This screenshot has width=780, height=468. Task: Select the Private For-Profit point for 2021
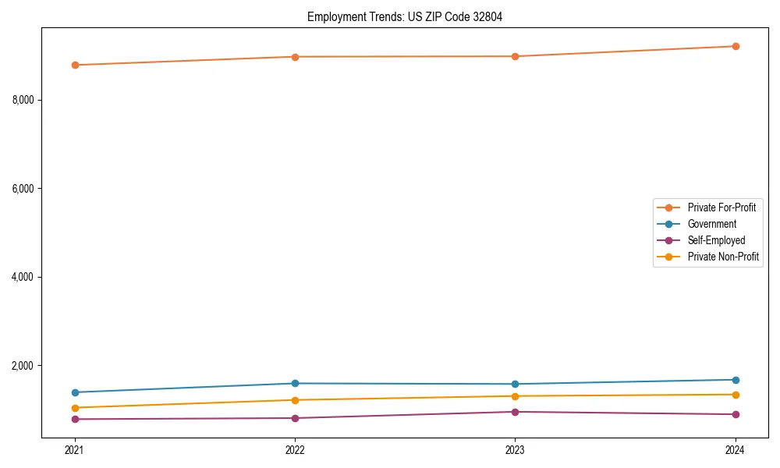(75, 65)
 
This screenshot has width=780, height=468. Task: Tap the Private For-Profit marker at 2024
(736, 46)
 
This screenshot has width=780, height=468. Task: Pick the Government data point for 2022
(295, 383)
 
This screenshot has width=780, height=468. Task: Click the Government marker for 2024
(736, 380)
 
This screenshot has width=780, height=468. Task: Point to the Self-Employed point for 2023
(515, 412)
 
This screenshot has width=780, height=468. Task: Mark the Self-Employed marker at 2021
(75, 419)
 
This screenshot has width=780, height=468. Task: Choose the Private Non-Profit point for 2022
(295, 400)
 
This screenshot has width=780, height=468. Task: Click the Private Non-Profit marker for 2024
(736, 394)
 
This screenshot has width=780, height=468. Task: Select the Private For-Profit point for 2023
(515, 56)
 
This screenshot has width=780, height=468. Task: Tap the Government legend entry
(711, 224)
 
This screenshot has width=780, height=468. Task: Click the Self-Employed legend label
(716, 240)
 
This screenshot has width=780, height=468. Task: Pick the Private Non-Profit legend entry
(723, 257)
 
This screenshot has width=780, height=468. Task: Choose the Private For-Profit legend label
(721, 207)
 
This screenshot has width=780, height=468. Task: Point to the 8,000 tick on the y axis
(23, 100)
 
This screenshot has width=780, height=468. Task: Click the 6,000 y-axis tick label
(23, 189)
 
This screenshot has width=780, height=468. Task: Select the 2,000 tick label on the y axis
(23, 366)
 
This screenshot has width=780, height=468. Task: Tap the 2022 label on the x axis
(295, 449)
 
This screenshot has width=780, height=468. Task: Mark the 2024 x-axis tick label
(736, 449)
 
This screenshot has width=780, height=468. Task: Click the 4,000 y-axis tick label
(23, 277)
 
